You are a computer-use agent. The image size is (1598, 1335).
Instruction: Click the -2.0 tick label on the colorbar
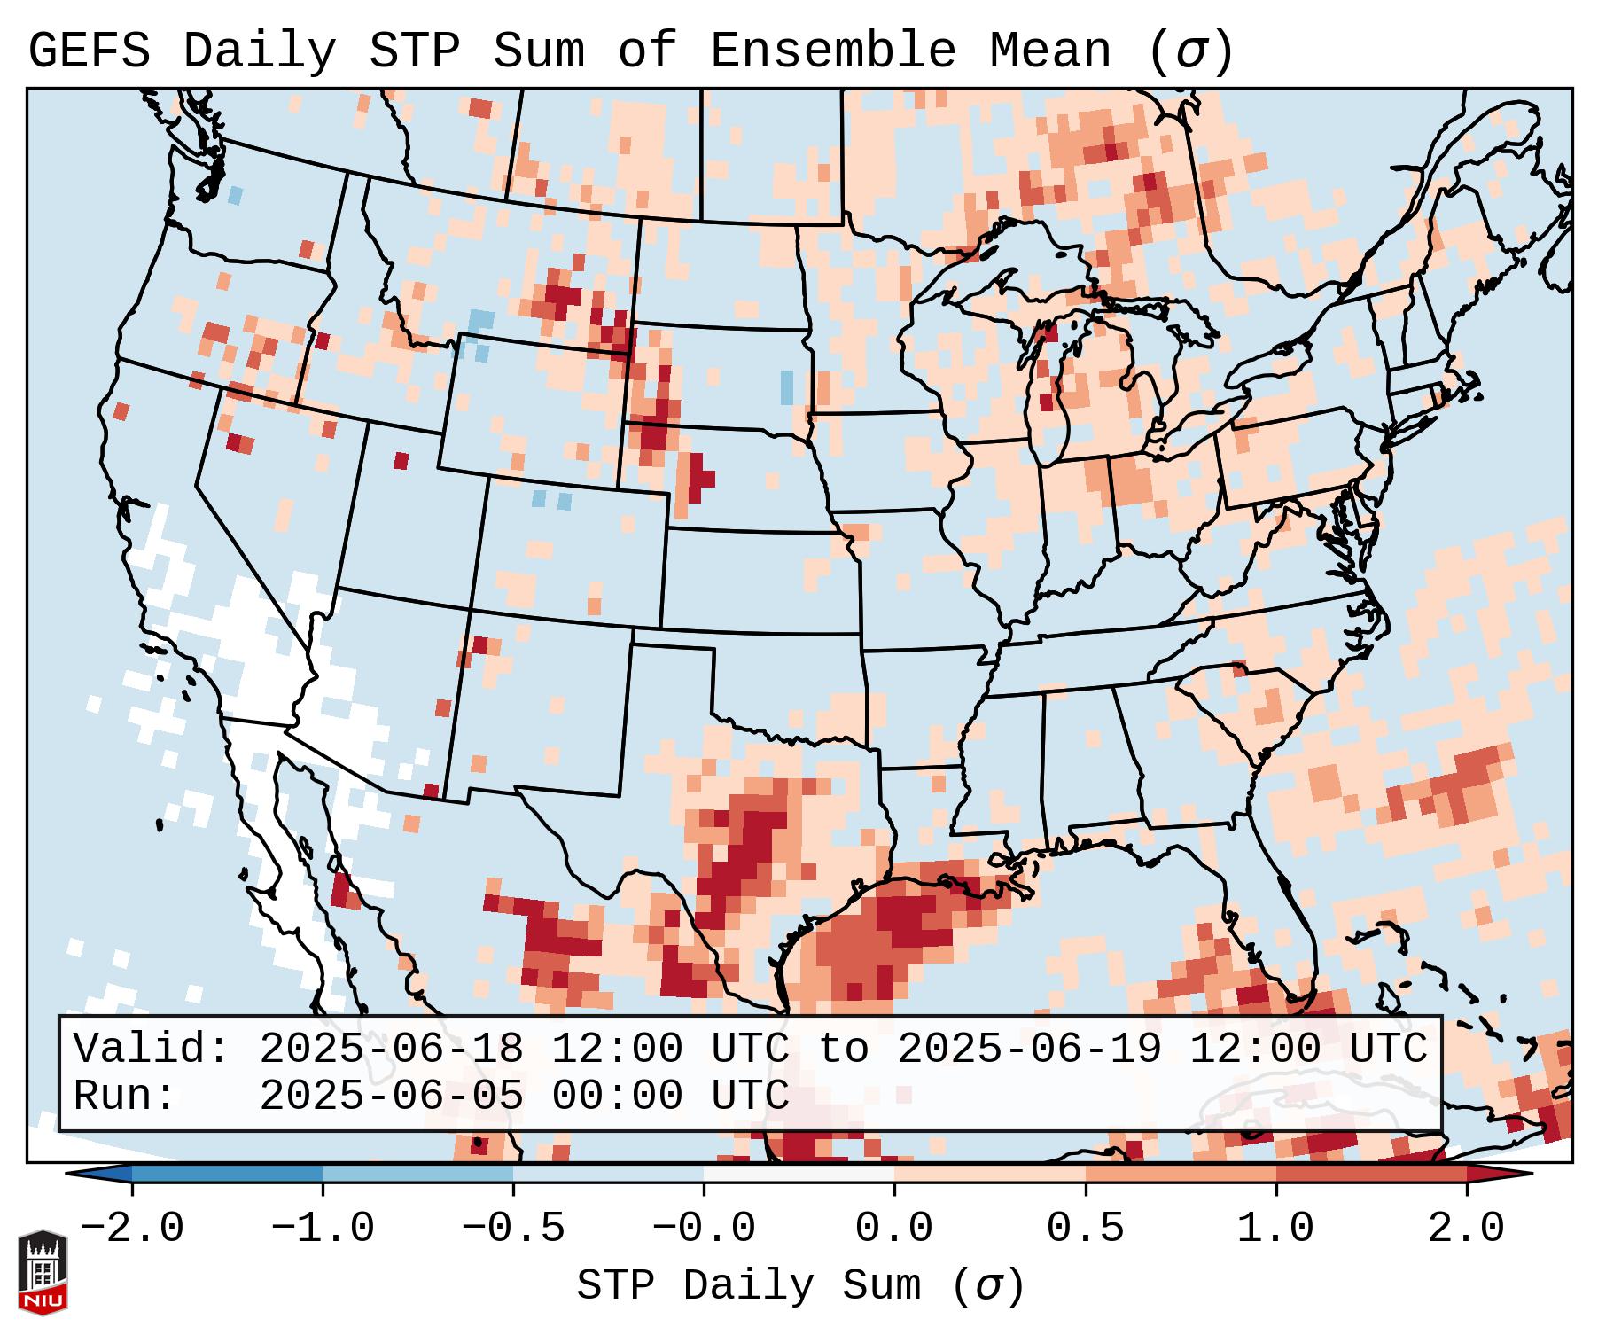tap(132, 1229)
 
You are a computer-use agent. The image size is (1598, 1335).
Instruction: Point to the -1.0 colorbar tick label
tap(323, 1229)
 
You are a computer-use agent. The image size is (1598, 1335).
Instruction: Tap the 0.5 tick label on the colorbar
tap(1086, 1229)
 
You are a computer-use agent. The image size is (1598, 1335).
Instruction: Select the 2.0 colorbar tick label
tap(1467, 1229)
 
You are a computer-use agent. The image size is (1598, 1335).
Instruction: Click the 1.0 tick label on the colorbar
tap(1276, 1229)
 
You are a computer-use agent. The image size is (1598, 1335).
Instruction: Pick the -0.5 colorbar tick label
tap(514, 1229)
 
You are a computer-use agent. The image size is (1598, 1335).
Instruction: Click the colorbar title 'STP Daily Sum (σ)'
tap(800, 1286)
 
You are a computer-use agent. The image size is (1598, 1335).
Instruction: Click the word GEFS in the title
tap(89, 51)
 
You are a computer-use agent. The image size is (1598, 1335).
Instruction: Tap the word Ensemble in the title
tap(832, 51)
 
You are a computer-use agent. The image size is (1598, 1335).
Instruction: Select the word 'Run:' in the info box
tap(125, 1096)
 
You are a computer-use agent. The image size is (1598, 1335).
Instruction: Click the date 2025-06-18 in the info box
tap(391, 1049)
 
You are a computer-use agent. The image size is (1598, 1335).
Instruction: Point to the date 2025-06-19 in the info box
tap(1029, 1049)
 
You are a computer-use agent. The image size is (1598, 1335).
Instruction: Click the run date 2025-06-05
tap(391, 1096)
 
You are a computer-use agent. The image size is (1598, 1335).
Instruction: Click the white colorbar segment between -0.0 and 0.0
tap(799, 1174)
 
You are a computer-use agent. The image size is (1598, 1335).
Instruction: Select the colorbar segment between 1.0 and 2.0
tap(1371, 1174)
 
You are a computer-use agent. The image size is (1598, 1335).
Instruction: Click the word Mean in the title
tap(1050, 51)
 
